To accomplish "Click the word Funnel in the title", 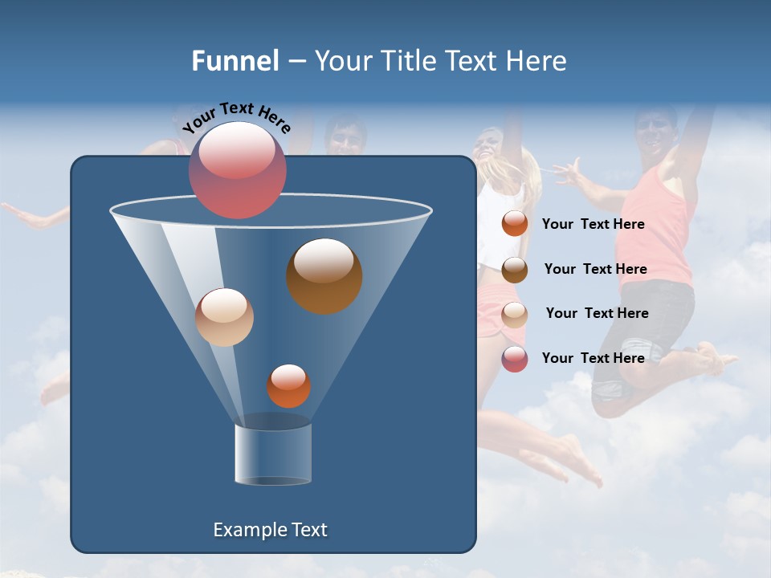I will pos(235,61).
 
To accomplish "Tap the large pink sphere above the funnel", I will pos(238,170).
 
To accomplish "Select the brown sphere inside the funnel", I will pos(324,276).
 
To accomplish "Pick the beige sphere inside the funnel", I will pos(224,317).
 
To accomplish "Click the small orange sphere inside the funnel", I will pos(288,386).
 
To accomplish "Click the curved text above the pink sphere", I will pos(236,117).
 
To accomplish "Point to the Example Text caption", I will pos(270,530).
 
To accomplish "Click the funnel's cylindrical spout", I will pos(273,454).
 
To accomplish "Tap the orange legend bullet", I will pos(515,224).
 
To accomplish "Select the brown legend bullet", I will pos(515,270).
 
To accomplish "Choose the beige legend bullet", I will pos(515,315).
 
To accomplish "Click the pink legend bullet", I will pos(515,359).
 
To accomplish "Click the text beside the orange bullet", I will pos(593,224).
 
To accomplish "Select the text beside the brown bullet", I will pos(595,269).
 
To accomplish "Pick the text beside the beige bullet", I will pos(597,313).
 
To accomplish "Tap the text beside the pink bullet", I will pos(593,358).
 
